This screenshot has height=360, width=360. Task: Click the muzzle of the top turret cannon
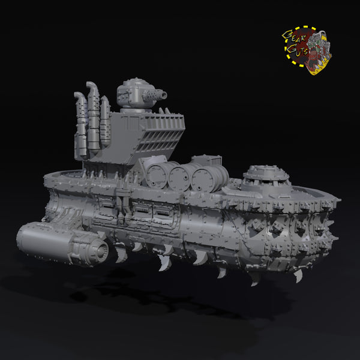click(x=163, y=95)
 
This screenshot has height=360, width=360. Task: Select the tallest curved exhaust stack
click(x=93, y=116)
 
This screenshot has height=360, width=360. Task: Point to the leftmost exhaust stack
click(x=81, y=125)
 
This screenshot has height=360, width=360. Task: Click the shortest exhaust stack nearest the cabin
click(x=105, y=121)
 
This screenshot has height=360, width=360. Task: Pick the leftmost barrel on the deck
click(x=156, y=175)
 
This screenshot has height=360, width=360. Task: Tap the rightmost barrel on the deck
click(x=208, y=179)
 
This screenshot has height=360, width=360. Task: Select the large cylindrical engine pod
click(x=62, y=244)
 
